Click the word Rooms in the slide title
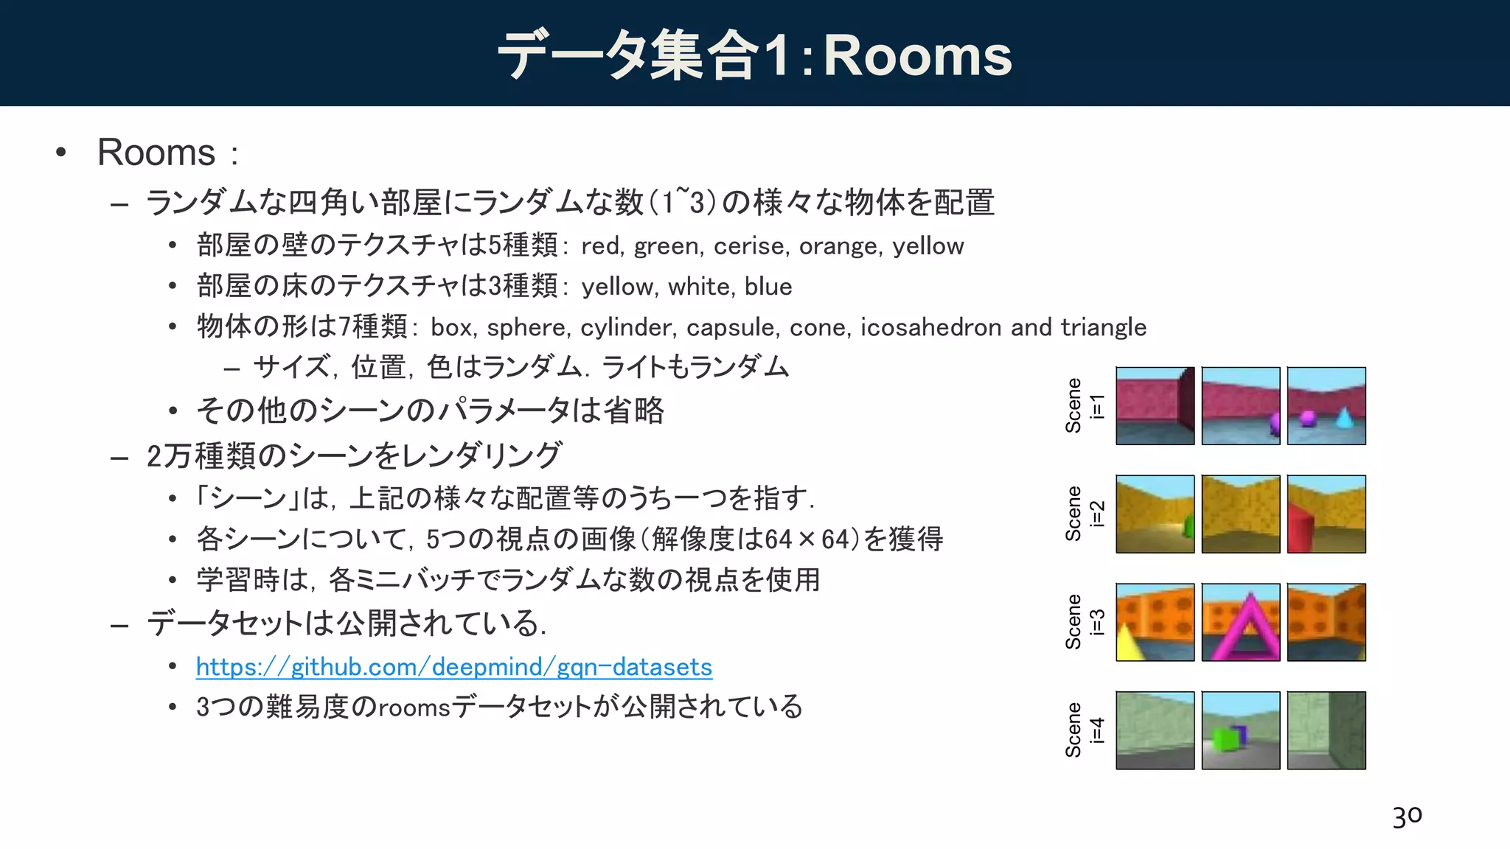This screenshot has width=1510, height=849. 917,56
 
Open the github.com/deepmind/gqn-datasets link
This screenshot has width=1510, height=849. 453,667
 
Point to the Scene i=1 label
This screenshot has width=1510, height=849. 1085,406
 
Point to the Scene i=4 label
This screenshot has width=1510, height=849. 1085,730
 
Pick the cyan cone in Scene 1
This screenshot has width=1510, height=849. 1344,418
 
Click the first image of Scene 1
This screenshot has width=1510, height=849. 1155,406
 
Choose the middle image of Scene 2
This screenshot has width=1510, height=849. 1241,514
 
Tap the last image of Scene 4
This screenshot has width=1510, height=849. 1326,730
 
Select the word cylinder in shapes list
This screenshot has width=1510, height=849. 627,327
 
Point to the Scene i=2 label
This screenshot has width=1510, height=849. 1085,514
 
